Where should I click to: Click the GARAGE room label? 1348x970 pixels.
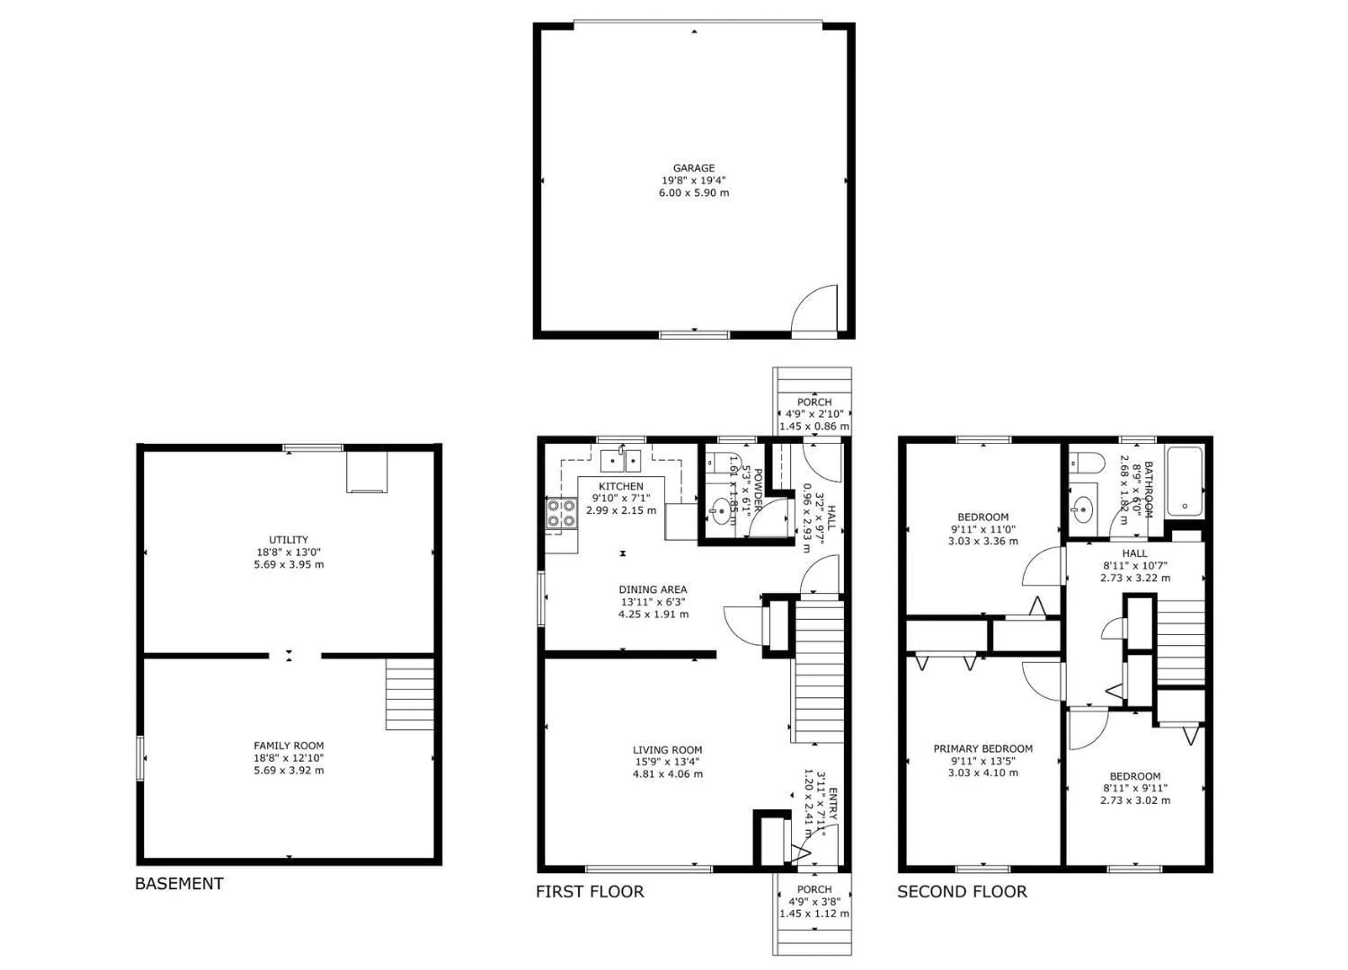pos(694,168)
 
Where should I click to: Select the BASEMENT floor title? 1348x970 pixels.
pos(179,883)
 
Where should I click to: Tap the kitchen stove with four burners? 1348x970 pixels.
pos(561,513)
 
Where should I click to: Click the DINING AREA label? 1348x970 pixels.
pos(653,589)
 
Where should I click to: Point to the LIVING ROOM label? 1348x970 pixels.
pos(667,750)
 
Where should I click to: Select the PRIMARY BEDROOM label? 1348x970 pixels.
pos(983,748)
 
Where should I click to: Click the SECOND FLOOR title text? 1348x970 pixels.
pos(962,891)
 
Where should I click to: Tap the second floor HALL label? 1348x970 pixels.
pos(1135,553)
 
